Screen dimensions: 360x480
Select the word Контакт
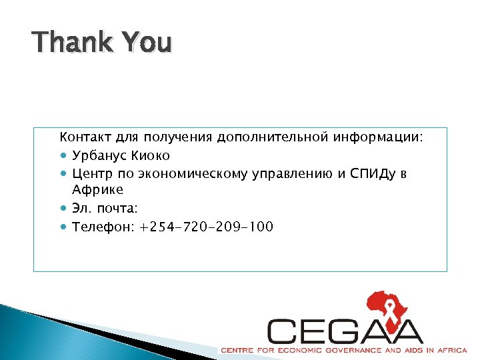(x=85, y=138)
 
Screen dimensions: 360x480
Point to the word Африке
(x=98, y=190)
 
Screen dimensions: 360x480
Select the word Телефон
(x=101, y=227)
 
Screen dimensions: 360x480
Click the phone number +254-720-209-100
(x=206, y=227)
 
